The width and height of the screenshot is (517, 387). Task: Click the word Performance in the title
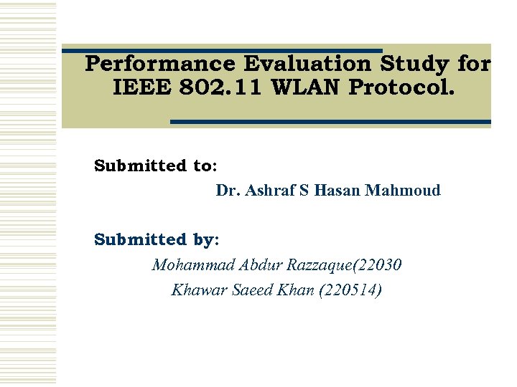point(160,64)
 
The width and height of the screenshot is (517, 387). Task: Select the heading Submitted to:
point(156,166)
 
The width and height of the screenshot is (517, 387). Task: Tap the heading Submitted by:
point(157,239)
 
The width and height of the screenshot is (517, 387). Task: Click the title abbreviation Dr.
point(228,191)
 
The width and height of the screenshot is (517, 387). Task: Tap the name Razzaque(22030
point(344,265)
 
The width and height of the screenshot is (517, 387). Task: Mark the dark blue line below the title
point(330,122)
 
